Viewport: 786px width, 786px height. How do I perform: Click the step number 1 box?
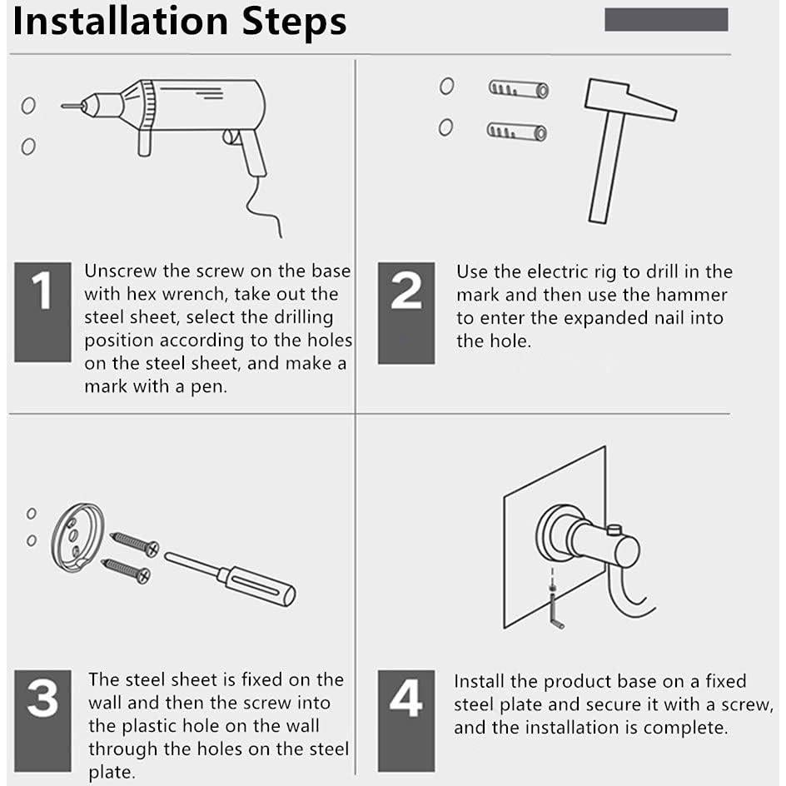(x=42, y=311)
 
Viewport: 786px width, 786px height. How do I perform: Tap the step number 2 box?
(x=406, y=313)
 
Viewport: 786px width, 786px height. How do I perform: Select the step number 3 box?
(x=42, y=721)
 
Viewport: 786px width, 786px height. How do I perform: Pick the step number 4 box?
(x=406, y=721)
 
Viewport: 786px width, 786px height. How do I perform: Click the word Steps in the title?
(x=294, y=23)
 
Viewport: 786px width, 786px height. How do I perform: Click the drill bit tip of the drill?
(x=62, y=106)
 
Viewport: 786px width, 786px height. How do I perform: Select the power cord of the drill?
(x=262, y=206)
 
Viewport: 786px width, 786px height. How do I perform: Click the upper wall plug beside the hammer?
(x=519, y=89)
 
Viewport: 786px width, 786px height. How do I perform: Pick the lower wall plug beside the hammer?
(x=517, y=132)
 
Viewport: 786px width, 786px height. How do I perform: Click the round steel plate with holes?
(x=77, y=537)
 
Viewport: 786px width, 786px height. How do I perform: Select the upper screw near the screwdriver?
(x=134, y=544)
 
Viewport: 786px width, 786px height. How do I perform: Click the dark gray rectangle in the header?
(x=666, y=19)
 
